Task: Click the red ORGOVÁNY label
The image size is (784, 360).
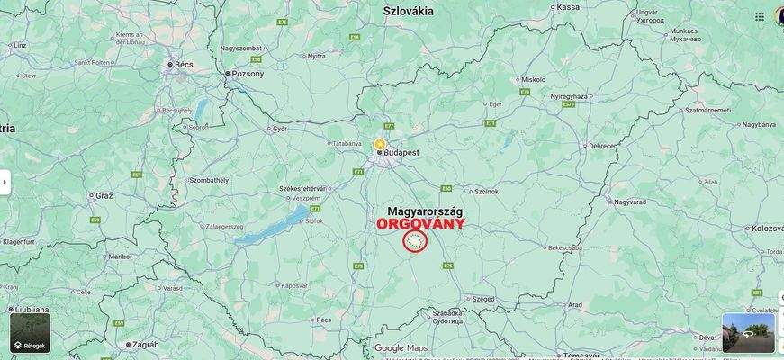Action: click(x=420, y=223)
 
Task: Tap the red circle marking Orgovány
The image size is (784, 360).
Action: click(x=414, y=240)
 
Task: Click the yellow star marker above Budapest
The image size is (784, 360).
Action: click(x=380, y=144)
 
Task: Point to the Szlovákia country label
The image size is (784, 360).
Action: click(x=408, y=11)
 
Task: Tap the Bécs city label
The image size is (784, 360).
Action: click(x=184, y=65)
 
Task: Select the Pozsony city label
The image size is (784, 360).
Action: click(x=248, y=74)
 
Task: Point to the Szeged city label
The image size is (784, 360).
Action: click(x=482, y=298)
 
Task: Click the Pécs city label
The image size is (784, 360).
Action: click(x=324, y=319)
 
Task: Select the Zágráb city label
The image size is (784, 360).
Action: click(x=144, y=344)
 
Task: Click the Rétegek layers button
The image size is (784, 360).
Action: click(x=30, y=332)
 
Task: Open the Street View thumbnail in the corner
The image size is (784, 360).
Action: click(x=748, y=332)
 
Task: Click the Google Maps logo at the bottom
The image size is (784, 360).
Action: click(x=401, y=347)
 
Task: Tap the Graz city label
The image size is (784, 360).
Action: click(x=104, y=194)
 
